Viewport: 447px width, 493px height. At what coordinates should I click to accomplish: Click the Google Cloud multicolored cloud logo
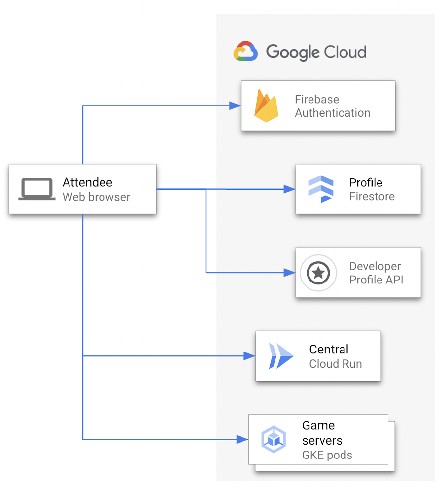pyautogui.click(x=245, y=52)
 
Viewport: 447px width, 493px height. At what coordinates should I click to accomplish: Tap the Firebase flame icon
pyautogui.click(x=266, y=106)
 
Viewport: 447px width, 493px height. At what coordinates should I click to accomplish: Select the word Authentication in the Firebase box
pyautogui.click(x=332, y=113)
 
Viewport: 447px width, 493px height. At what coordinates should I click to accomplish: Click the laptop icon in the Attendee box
pyautogui.click(x=37, y=189)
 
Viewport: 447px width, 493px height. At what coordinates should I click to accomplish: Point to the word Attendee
pyautogui.click(x=87, y=182)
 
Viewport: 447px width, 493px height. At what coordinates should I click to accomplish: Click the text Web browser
pyautogui.click(x=96, y=197)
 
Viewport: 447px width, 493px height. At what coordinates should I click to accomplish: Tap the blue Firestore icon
pyautogui.click(x=320, y=189)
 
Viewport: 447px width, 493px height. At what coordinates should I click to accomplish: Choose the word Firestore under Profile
pyautogui.click(x=372, y=197)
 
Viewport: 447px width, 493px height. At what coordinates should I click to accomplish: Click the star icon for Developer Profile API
pyautogui.click(x=318, y=273)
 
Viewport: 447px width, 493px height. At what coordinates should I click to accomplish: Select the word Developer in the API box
pyautogui.click(x=375, y=266)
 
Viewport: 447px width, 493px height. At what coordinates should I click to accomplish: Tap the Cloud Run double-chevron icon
pyautogui.click(x=280, y=356)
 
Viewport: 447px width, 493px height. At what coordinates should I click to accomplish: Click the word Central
pyautogui.click(x=329, y=349)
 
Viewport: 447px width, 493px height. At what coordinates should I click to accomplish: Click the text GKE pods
pyautogui.click(x=327, y=455)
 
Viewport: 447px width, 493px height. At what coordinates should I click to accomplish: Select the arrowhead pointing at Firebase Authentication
pyautogui.click(x=235, y=106)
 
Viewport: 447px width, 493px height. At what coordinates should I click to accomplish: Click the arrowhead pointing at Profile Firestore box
pyautogui.click(x=290, y=189)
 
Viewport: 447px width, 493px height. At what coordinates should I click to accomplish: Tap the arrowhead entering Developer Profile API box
pyautogui.click(x=290, y=272)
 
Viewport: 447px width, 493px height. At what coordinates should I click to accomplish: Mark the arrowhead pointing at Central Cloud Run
pyautogui.click(x=250, y=356)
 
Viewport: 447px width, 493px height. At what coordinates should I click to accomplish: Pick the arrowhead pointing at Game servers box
pyautogui.click(x=242, y=439)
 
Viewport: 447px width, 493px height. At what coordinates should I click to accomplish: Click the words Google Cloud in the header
pyautogui.click(x=316, y=52)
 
